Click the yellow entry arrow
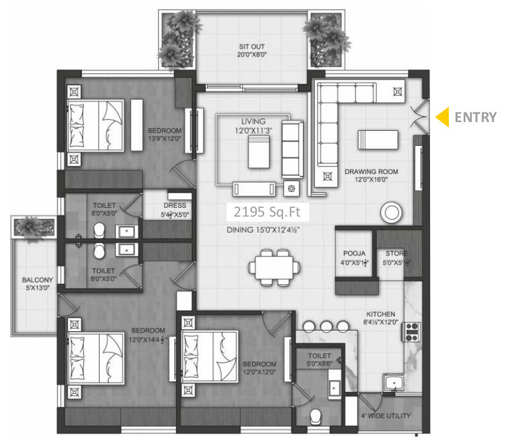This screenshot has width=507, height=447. (x=443, y=117)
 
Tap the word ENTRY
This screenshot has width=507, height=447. (x=475, y=117)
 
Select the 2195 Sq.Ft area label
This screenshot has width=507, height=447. (x=267, y=213)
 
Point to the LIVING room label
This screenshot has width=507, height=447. (x=253, y=121)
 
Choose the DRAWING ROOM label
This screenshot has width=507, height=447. (x=371, y=172)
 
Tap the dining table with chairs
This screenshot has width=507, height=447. (x=274, y=267)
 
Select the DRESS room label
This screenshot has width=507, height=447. (x=175, y=205)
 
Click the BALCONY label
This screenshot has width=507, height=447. (x=36, y=280)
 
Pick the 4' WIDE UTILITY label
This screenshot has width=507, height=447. (x=386, y=416)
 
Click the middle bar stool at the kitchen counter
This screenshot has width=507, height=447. (x=325, y=326)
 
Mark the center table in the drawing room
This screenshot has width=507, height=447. (x=377, y=140)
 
